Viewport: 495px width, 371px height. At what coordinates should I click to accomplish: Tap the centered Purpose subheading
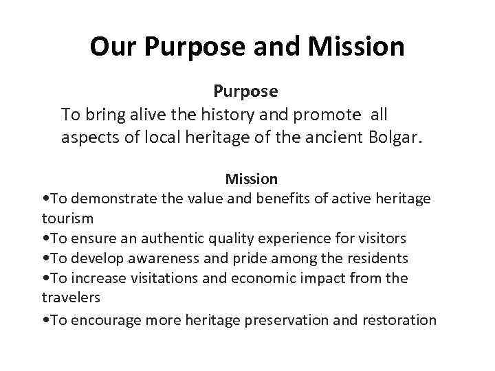click(x=245, y=91)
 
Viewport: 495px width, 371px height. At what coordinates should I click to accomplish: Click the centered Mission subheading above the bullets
click(x=252, y=179)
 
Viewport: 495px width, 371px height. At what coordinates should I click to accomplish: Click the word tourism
click(x=67, y=218)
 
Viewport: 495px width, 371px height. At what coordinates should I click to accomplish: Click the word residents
click(x=378, y=258)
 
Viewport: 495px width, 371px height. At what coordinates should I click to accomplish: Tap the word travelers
click(x=71, y=298)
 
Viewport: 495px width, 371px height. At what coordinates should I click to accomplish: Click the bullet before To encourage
click(x=45, y=319)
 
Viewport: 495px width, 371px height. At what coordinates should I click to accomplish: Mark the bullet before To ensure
click(x=45, y=238)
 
